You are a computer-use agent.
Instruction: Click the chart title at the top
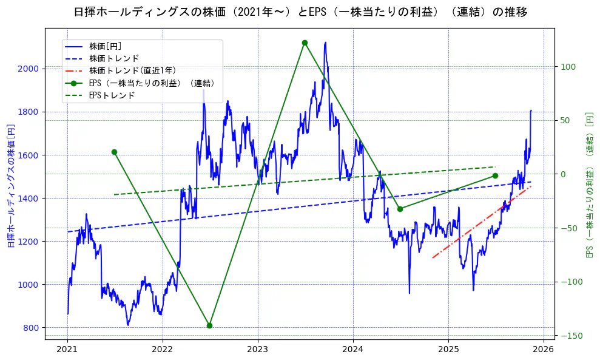click(x=300, y=12)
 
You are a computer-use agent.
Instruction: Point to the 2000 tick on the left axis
click(x=30, y=69)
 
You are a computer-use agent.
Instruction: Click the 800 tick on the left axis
click(x=32, y=328)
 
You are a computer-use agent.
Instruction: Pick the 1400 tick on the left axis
click(x=30, y=199)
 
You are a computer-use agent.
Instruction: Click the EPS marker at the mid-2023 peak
click(x=305, y=42)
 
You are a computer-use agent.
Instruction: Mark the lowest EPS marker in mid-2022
click(x=209, y=325)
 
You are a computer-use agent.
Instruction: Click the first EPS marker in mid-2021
click(x=114, y=152)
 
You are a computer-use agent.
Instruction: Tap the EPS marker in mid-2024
click(x=400, y=209)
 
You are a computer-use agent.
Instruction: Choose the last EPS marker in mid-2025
click(x=495, y=175)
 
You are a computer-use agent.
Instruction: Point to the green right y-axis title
click(x=588, y=184)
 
